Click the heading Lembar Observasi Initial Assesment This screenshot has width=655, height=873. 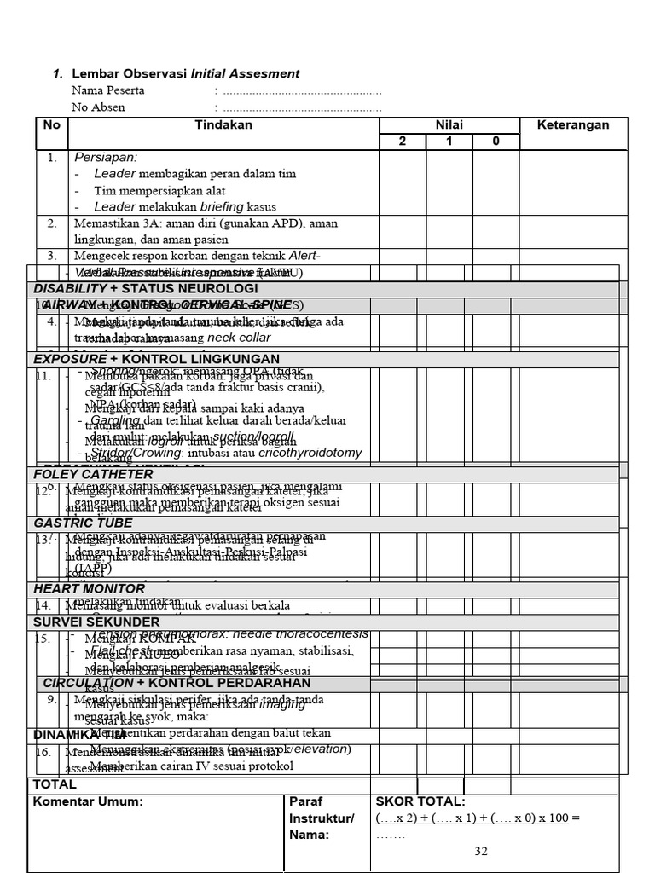(x=185, y=74)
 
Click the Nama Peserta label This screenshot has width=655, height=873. (x=108, y=90)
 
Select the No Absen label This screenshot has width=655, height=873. (x=98, y=107)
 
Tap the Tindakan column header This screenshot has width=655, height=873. (x=223, y=125)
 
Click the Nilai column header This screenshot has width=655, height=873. (x=449, y=125)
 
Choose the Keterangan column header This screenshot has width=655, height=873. (x=573, y=125)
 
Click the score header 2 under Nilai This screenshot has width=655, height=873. (x=403, y=142)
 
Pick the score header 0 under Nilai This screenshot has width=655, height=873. (x=496, y=142)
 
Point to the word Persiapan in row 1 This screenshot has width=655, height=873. (x=106, y=158)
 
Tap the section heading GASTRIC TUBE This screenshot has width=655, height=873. (x=84, y=523)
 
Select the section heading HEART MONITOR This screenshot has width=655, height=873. (x=90, y=589)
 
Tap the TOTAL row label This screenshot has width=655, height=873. (x=55, y=784)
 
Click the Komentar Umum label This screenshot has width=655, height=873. (x=88, y=802)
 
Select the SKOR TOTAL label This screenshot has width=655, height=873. (x=420, y=802)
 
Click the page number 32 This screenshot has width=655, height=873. (x=480, y=852)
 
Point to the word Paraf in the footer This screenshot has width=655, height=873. (x=306, y=802)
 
